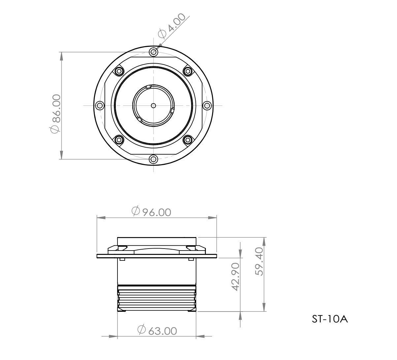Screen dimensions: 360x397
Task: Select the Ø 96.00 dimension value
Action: tap(151, 212)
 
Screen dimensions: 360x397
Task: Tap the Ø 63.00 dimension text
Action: tap(157, 330)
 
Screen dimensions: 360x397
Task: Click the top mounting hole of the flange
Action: tap(153, 52)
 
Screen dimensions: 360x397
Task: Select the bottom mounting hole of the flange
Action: tap(153, 159)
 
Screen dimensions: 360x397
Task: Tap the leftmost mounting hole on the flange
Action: tap(99, 105)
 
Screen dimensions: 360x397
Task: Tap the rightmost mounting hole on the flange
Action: tap(207, 105)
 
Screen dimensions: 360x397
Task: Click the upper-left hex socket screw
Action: tap(118, 71)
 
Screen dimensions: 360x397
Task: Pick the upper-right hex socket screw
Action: tap(188, 71)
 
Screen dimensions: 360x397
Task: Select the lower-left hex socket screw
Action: tap(118, 140)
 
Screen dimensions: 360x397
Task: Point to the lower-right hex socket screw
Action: tap(188, 140)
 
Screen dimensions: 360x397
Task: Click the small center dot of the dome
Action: tap(153, 105)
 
